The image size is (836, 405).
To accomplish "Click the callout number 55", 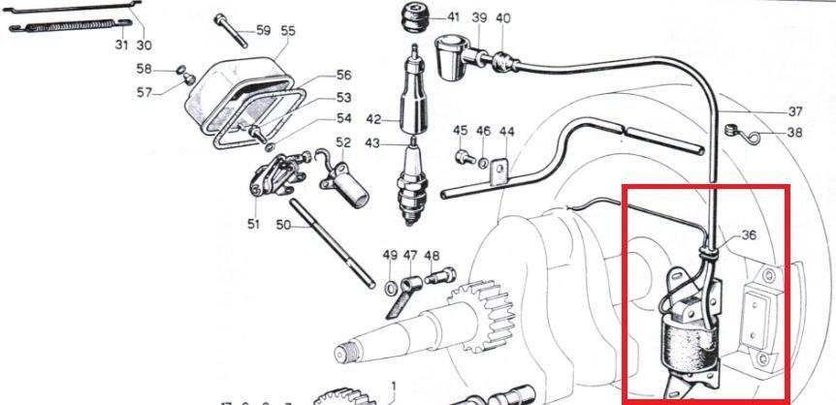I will pos(287,31).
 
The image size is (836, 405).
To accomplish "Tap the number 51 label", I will pos(253,225).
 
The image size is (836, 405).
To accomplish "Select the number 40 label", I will pos(502,18).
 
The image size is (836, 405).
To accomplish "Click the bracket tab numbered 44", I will pos(498,172).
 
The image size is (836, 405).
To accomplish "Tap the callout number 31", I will pos(121,45).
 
